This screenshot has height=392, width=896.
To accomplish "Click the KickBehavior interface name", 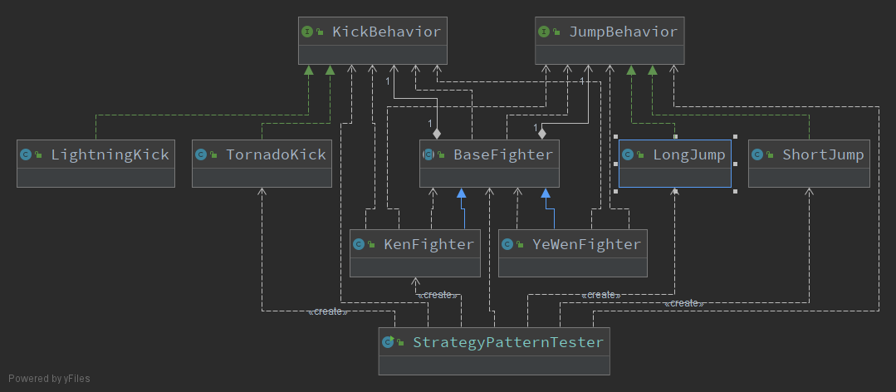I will (386, 32).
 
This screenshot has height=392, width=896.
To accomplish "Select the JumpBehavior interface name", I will (623, 32).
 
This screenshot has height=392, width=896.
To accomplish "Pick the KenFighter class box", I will (414, 252).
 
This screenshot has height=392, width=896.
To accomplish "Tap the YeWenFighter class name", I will (586, 244).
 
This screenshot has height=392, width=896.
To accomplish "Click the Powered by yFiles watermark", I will (50, 379).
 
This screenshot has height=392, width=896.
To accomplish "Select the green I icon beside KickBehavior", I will (307, 32).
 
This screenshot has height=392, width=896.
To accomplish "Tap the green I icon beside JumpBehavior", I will (544, 32).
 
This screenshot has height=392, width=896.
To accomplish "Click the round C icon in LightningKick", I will (26, 154).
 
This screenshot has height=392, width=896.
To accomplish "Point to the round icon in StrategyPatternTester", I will (387, 342).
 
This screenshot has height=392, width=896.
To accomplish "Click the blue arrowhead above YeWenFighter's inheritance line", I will (546, 194).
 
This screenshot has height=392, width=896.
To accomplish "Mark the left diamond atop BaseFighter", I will (437, 132).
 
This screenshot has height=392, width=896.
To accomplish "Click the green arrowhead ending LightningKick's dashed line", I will (309, 71).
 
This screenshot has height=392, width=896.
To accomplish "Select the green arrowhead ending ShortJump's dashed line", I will (652, 71).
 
